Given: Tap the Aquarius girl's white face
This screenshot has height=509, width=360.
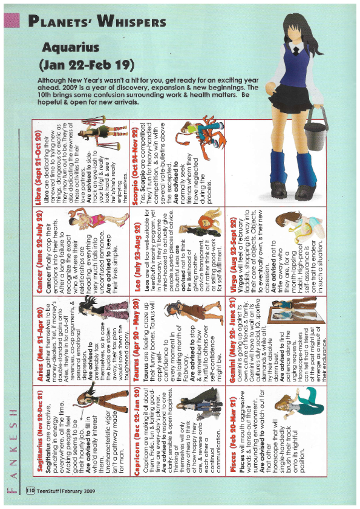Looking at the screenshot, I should (x=297, y=33).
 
